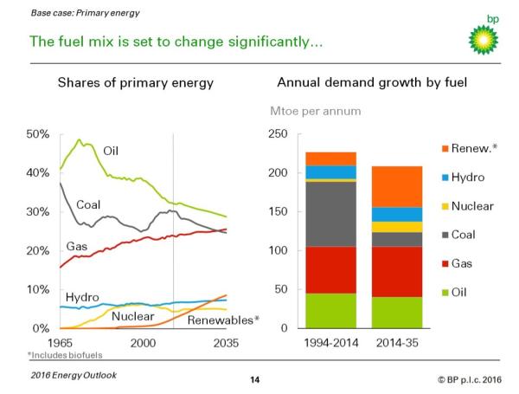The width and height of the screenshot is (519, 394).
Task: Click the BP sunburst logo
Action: click(484, 36)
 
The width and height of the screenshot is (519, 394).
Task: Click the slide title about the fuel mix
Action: click(176, 42)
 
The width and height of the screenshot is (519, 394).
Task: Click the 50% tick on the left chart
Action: click(39, 134)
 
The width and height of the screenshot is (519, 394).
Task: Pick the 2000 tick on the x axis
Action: click(143, 342)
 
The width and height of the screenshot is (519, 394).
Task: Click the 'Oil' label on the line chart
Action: click(111, 151)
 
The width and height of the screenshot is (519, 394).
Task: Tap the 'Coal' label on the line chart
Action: click(88, 205)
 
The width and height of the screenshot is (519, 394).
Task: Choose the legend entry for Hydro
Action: click(465, 178)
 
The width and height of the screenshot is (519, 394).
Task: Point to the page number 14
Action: click(255, 379)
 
